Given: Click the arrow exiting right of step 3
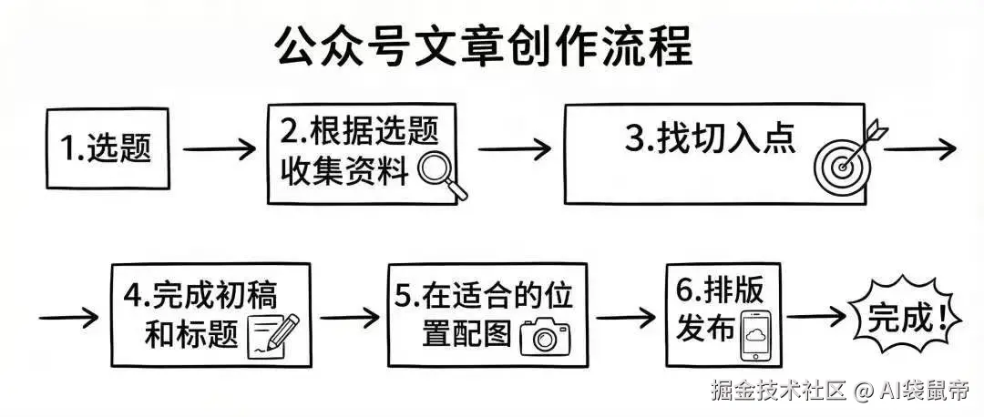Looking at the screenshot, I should coord(920,147).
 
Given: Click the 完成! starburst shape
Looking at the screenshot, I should coord(897,319).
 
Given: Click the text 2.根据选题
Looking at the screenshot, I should coord(359,133).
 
